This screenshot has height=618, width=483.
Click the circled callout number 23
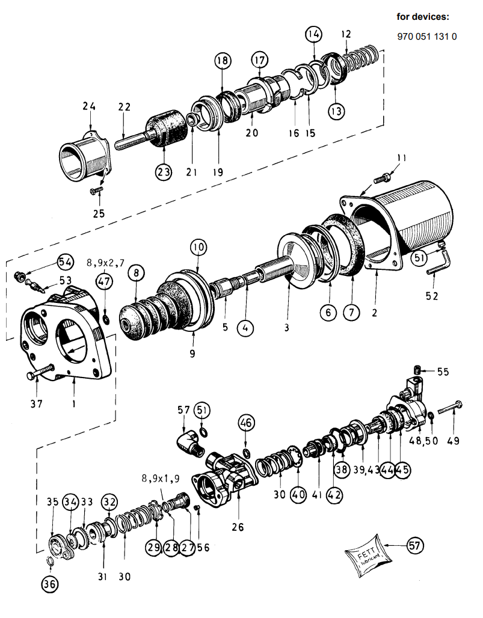(x=164, y=172)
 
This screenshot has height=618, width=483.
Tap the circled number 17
(x=259, y=60)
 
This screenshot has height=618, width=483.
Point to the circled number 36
(x=50, y=584)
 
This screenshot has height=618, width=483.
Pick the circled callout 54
(x=66, y=262)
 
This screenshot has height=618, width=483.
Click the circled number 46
(x=246, y=423)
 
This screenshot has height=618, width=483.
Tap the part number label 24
(x=89, y=106)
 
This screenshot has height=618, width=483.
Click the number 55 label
(x=443, y=372)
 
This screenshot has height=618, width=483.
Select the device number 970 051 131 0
(x=427, y=37)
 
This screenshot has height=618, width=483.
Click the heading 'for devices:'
(x=423, y=17)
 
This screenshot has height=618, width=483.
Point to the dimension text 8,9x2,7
(x=105, y=263)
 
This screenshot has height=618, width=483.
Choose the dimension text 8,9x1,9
(x=161, y=479)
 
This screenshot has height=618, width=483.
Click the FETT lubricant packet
(x=365, y=555)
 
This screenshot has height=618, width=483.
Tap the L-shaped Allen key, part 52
(x=440, y=263)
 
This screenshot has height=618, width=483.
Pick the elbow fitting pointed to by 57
(x=189, y=443)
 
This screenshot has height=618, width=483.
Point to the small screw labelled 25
(x=96, y=191)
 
